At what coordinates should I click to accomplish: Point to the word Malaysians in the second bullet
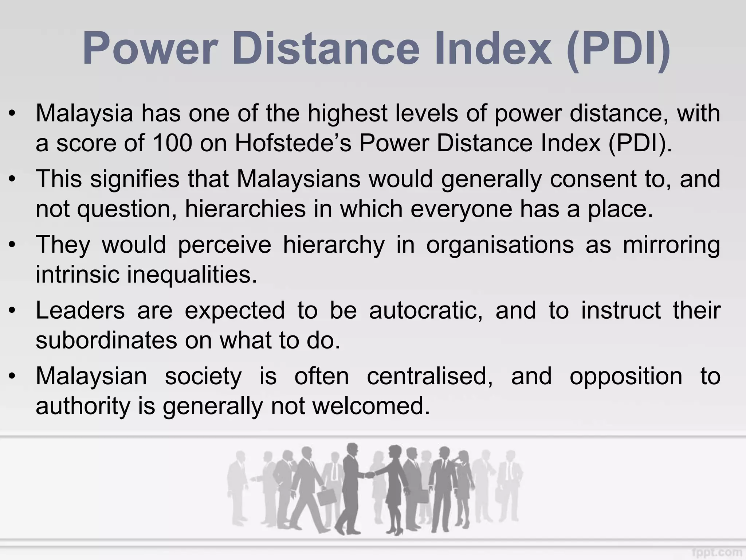(x=299, y=179)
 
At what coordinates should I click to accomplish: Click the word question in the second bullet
(x=124, y=209)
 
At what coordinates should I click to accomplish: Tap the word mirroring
(x=671, y=245)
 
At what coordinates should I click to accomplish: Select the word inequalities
(x=192, y=274)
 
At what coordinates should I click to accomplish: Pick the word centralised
(x=430, y=376)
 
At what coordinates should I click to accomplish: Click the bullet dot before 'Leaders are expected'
(x=13, y=311)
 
